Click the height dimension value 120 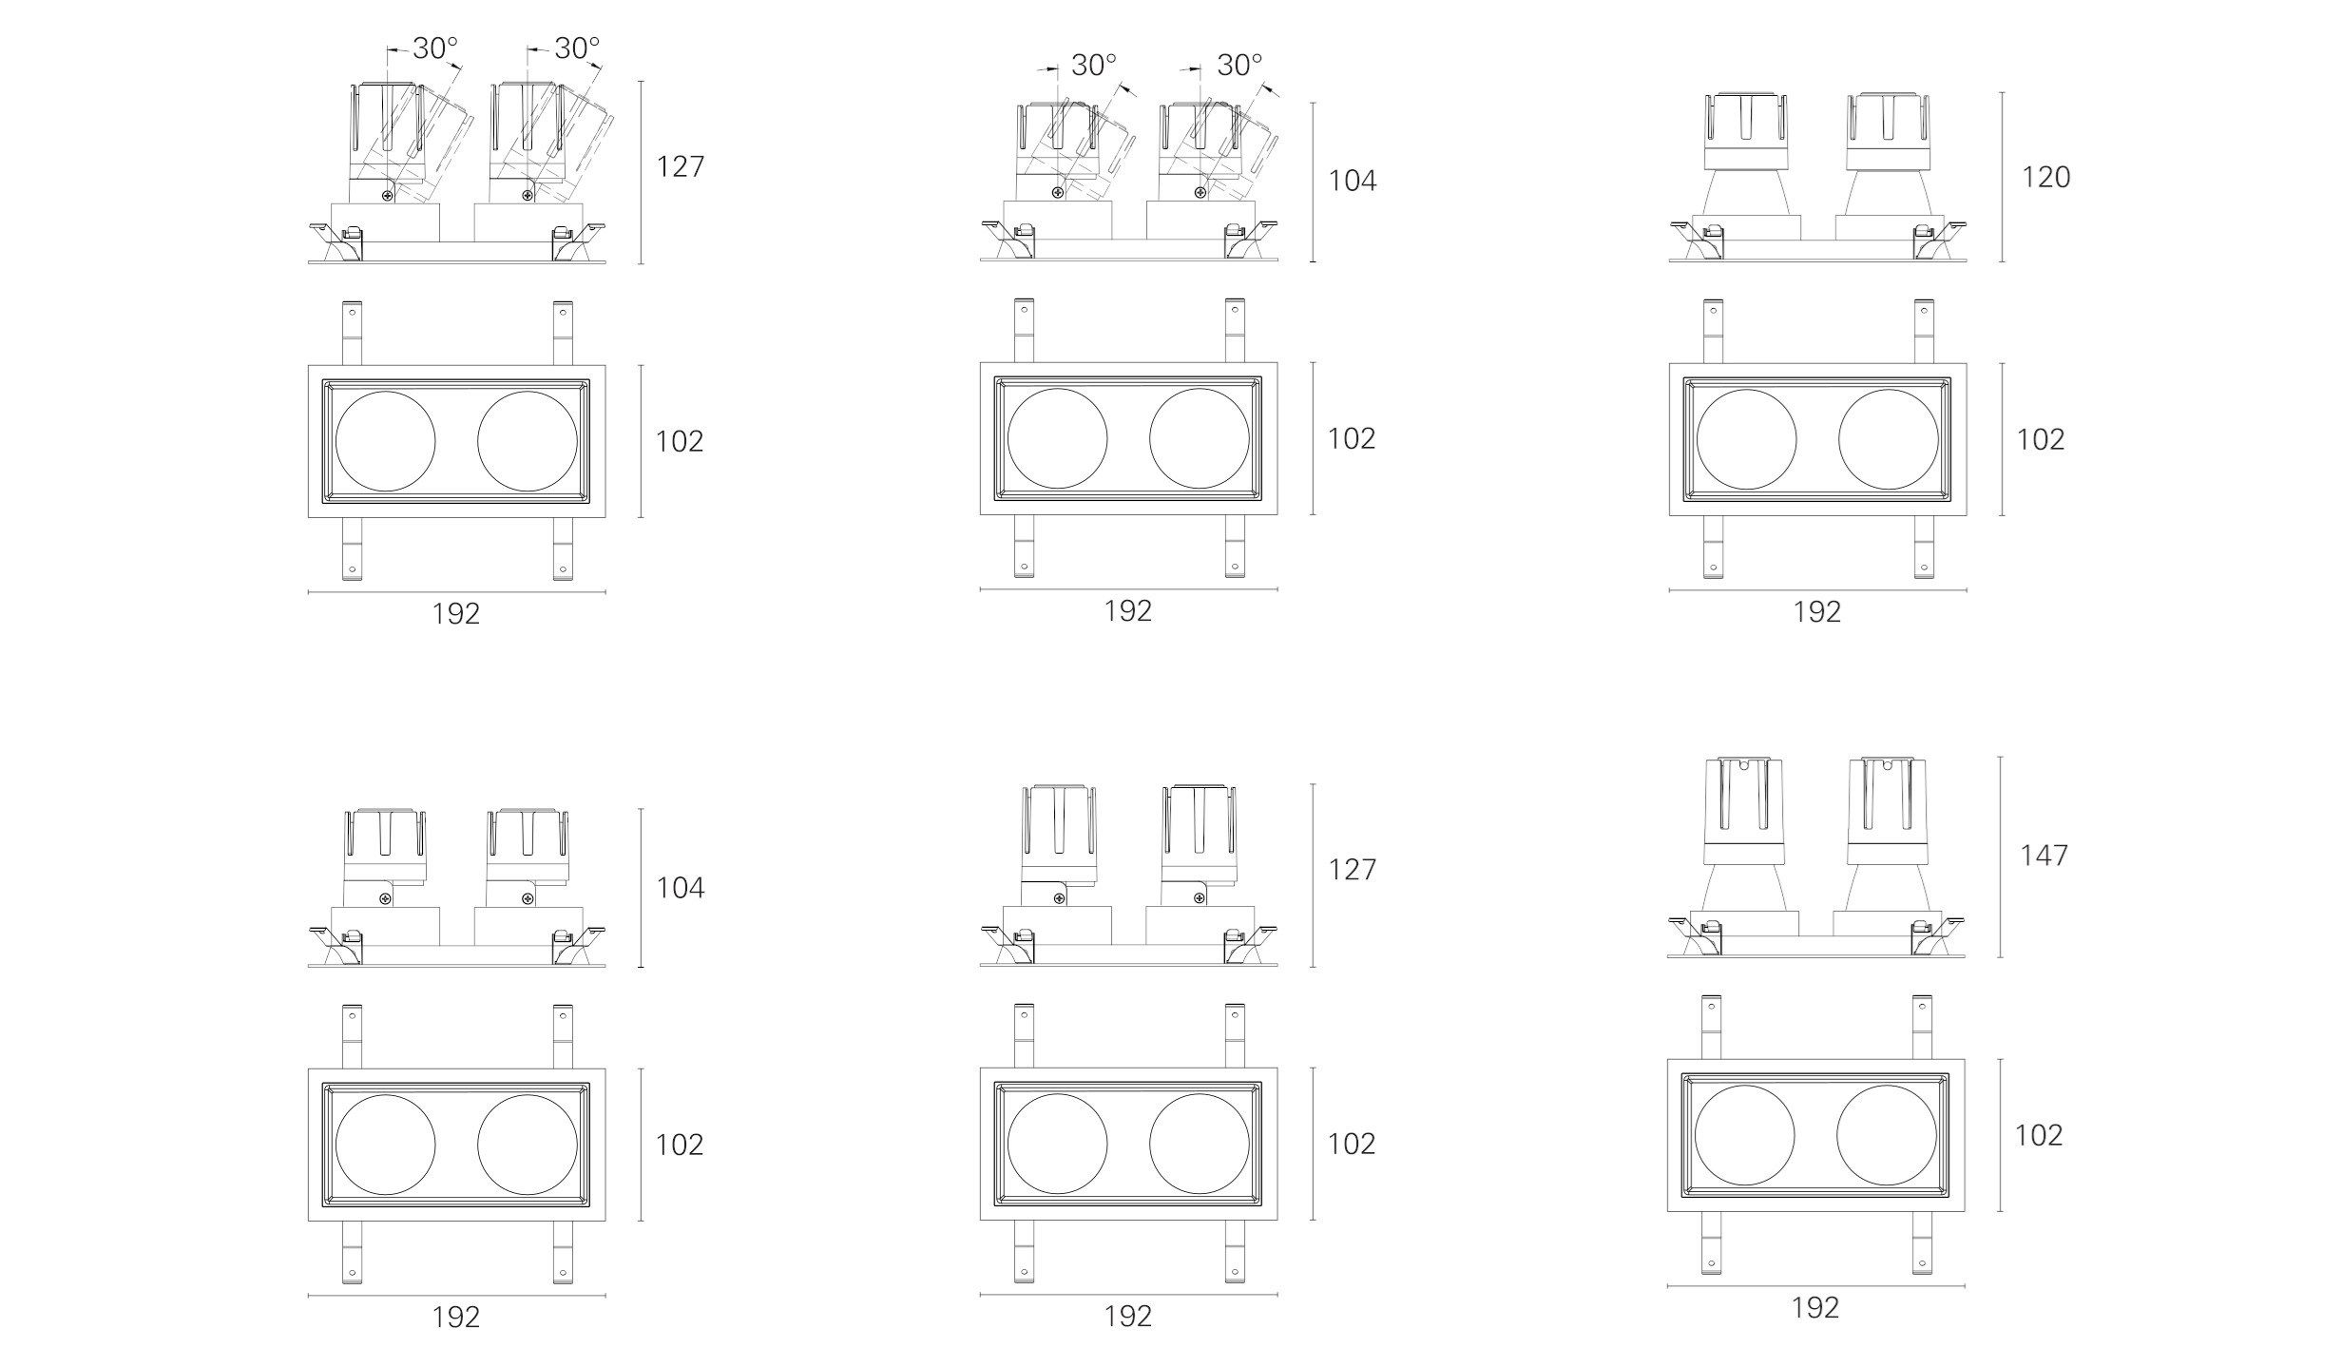pos(2045,177)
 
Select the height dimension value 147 pos(2044,856)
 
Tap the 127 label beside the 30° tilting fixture pos(681,166)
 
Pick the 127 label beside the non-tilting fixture pos(1352,870)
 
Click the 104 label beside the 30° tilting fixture pos(1352,181)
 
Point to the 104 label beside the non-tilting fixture pos(681,888)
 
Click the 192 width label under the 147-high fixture pos(1815,1308)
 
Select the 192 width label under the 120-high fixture pos(1817,611)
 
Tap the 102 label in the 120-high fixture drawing pos(2041,439)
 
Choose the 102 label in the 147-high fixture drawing pos(2039,1135)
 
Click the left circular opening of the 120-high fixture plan pos(1746,439)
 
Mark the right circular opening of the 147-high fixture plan pos(1887,1135)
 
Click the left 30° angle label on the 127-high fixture pos(434,48)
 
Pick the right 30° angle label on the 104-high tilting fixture pos(1239,65)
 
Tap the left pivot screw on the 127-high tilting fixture pos(387,196)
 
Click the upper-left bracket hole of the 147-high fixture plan pos(1712,1007)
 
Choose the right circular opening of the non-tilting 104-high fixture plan pos(527,1145)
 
